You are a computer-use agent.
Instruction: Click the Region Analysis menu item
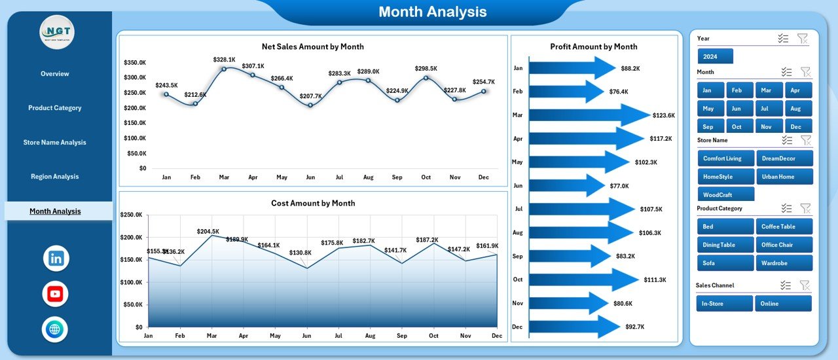[54, 177]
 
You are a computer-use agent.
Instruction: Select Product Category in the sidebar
[54, 108]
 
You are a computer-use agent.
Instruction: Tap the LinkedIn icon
[56, 258]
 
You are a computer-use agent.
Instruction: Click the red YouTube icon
[56, 294]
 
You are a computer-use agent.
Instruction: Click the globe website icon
[56, 329]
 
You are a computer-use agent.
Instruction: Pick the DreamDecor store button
[784, 158]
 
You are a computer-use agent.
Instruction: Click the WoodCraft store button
[726, 195]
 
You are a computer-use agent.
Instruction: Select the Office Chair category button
[784, 245]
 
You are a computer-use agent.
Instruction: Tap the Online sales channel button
[783, 304]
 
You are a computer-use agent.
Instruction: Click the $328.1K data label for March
[224, 60]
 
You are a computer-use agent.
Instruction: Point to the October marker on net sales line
[426, 78]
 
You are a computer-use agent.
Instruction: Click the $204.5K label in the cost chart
[208, 231]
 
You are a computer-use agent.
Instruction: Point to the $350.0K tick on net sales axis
[135, 63]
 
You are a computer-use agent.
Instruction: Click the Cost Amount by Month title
[313, 204]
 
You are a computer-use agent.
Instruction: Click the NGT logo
[57, 32]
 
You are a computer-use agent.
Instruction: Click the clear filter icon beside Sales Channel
[805, 285]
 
